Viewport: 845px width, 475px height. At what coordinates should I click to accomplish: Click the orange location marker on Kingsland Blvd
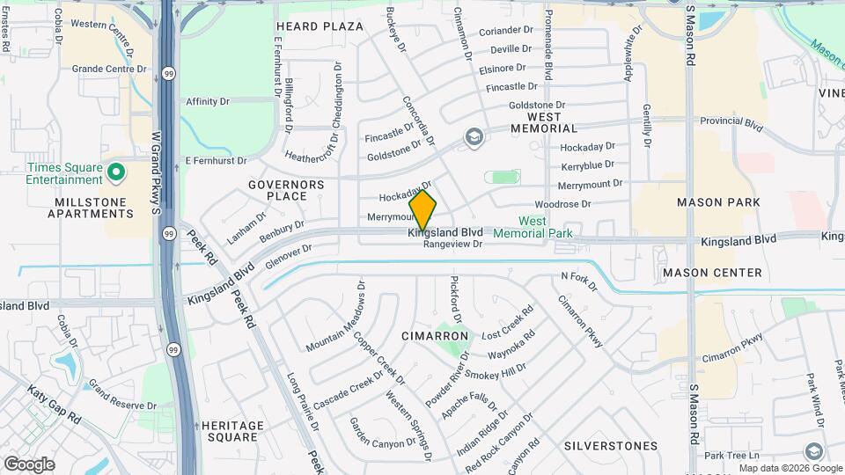pos(423,210)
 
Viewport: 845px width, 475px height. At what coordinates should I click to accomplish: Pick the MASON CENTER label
pos(712,273)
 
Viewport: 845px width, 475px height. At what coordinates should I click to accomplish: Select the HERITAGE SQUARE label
pos(232,431)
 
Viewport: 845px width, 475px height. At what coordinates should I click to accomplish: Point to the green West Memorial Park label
pos(533,227)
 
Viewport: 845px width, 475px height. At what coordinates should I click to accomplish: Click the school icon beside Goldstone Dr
pos(474,136)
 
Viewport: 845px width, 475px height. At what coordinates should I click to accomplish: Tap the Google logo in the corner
pos(29,464)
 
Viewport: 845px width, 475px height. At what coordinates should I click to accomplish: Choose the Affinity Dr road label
pos(208,101)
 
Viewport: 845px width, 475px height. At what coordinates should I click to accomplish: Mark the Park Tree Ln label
pos(731,455)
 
